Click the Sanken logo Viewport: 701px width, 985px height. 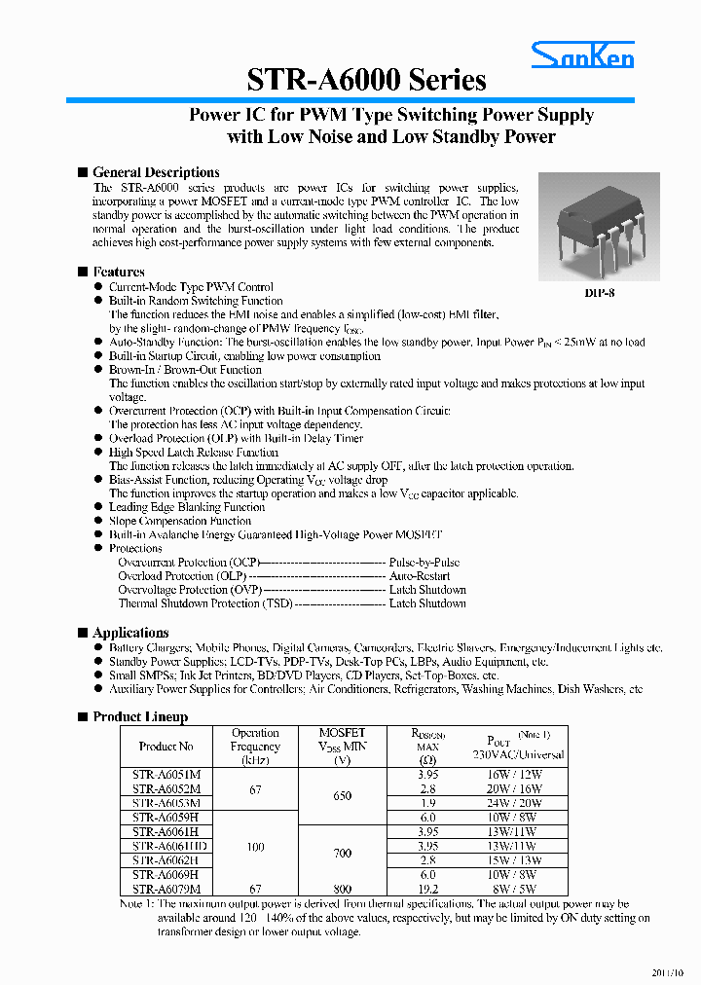(x=582, y=56)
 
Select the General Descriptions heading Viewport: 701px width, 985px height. (x=156, y=172)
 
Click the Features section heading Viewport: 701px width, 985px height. (x=119, y=272)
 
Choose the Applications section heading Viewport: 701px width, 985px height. (x=130, y=633)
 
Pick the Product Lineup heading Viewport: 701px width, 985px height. (x=140, y=716)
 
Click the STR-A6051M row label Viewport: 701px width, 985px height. (x=166, y=775)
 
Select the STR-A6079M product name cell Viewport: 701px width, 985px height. (x=166, y=889)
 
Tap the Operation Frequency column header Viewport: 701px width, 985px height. (x=255, y=747)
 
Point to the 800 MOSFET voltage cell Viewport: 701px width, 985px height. (x=343, y=889)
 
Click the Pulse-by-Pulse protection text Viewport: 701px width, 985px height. (x=424, y=563)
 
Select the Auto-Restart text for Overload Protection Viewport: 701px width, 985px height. (x=420, y=576)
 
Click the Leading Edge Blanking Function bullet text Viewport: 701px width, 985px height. (x=187, y=507)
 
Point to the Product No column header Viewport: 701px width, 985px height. (x=166, y=747)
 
